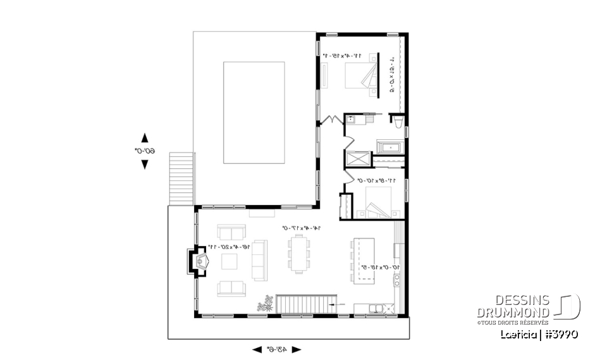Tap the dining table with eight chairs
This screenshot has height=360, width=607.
tap(298, 254)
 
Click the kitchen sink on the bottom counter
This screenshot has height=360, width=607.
tap(376, 308)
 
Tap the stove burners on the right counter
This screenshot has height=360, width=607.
tap(398, 280)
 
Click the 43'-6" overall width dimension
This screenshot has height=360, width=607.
tap(276, 349)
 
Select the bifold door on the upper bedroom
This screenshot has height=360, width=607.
tap(330, 119)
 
